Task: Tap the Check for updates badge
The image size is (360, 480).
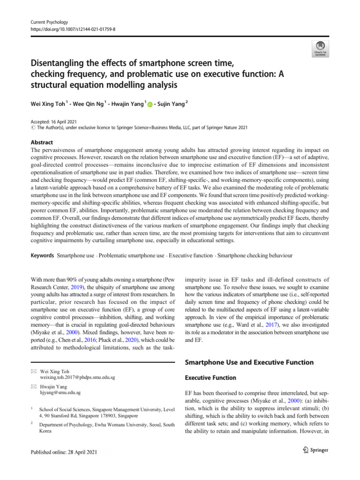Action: coord(320,48)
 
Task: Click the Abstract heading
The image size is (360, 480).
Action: coord(41,142)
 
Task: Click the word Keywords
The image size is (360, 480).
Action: coord(42,256)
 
